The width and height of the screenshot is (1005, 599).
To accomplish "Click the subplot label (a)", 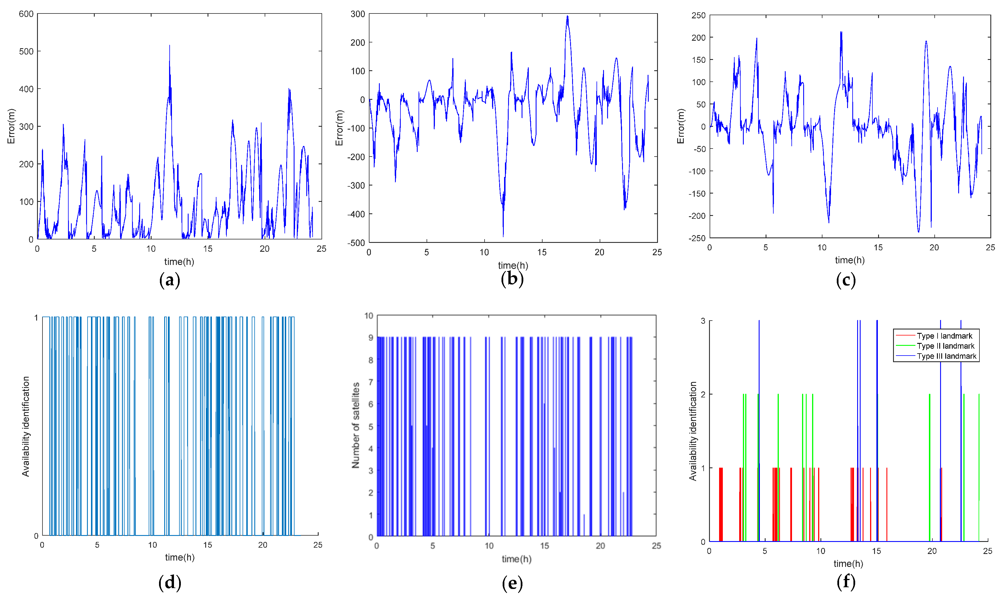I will pos(170,280).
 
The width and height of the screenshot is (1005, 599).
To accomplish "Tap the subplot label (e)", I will pos(512,583).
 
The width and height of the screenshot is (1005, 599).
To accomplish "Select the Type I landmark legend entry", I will pos(944,336).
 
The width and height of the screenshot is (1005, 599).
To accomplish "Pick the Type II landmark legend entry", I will pos(945,346).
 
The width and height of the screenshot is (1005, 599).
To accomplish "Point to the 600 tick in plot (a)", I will pos(26,14).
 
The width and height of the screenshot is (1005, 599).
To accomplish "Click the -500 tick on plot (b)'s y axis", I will pos(356,243).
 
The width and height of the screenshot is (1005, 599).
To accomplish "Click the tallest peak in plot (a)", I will pos(170,46).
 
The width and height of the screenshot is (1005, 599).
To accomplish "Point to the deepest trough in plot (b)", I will pos(503,236).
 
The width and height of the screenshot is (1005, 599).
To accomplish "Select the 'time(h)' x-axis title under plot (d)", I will pos(180,557).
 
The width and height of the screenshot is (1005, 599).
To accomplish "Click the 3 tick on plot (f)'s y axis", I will pos(703,321).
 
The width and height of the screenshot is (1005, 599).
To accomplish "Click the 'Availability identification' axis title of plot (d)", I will pos(26,426).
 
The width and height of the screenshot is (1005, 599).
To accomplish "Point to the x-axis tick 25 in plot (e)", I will pos(656,546).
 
